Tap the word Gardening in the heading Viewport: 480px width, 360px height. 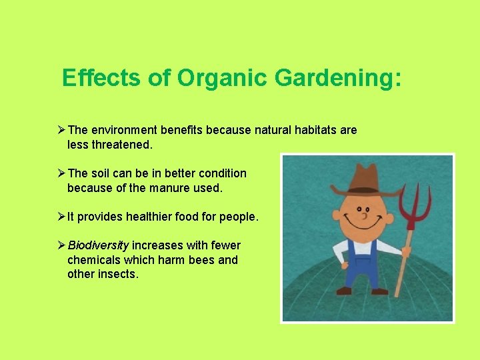[x=337, y=78]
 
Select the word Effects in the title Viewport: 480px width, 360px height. [x=101, y=78]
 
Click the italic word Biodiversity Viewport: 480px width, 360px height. [x=98, y=245]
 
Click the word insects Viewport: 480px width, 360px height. [x=116, y=274]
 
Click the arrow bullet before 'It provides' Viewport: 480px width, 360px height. [x=61, y=217]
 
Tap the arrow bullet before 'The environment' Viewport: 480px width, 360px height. [x=61, y=130]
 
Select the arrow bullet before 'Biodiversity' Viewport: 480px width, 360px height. [x=61, y=245]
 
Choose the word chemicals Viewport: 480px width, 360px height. [x=94, y=260]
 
